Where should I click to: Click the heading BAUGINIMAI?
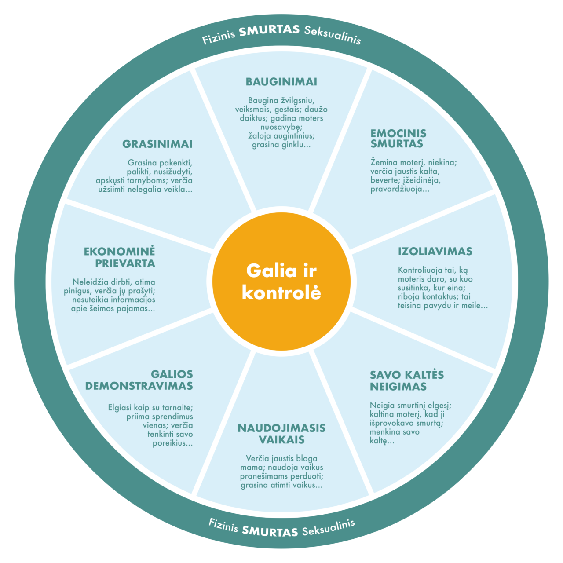click(x=281, y=82)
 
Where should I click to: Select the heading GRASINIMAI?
click(x=157, y=144)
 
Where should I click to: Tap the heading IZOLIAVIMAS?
click(x=435, y=252)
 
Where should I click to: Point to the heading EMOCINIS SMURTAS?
click(x=398, y=139)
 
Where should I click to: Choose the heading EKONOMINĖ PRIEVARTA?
click(x=120, y=257)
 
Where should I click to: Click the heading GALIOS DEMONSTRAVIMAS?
click(x=139, y=380)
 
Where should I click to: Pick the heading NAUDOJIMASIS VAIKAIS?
click(x=281, y=434)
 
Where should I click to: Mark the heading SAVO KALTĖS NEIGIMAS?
click(x=406, y=381)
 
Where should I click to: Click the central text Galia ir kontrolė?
click(x=281, y=281)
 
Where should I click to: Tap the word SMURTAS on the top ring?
click(x=269, y=31)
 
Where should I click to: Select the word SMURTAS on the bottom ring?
click(x=270, y=531)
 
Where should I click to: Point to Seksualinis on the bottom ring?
click(x=329, y=527)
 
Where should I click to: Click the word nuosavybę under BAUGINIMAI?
click(x=280, y=127)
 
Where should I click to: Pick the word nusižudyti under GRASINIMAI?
click(x=172, y=172)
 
